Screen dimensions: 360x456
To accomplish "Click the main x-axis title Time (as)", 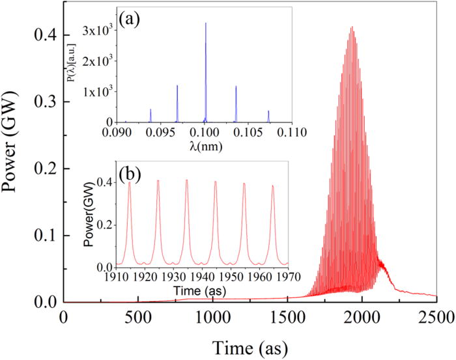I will point(249,344).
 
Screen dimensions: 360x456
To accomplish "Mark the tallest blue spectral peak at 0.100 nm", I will point(206,23).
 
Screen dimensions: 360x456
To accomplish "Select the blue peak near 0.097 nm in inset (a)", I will point(177,86).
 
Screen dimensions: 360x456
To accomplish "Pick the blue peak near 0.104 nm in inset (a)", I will point(236,87).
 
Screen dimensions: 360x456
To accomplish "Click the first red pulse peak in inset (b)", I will point(130,182).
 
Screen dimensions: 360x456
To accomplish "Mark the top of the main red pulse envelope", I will point(352,27).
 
